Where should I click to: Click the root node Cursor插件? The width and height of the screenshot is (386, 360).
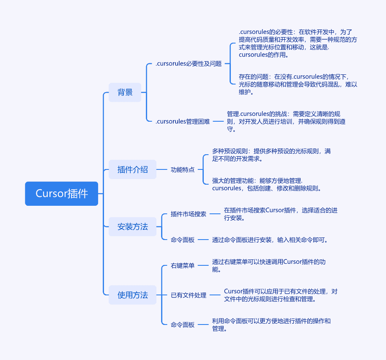click(62, 194)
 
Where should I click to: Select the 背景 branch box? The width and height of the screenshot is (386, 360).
click(125, 92)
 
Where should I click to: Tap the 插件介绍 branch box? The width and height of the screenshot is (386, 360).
click(132, 169)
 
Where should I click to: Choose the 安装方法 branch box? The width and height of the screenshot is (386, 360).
click(132, 226)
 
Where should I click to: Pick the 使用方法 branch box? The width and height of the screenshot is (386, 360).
click(132, 295)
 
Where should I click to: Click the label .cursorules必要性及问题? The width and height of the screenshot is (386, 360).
click(189, 64)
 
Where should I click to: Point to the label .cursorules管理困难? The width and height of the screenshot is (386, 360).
click(183, 121)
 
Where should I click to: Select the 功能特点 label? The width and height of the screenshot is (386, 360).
click(183, 169)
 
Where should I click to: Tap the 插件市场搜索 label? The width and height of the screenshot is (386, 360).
click(189, 214)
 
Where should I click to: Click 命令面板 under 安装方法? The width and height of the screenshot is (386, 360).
click(183, 240)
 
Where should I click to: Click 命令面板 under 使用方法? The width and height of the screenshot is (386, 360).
click(183, 325)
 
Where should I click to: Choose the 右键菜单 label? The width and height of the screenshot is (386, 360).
click(183, 265)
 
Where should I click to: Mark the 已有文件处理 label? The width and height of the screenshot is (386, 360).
click(189, 295)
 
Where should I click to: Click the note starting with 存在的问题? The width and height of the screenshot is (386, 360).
click(298, 85)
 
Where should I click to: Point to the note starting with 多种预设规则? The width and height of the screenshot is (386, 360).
click(271, 155)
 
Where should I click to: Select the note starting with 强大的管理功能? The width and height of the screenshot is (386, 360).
click(267, 185)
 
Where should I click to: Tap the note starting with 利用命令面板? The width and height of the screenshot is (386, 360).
click(271, 325)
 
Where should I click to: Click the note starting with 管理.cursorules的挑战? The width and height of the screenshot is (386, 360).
click(286, 121)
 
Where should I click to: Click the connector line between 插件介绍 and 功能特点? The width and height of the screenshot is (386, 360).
click(162, 169)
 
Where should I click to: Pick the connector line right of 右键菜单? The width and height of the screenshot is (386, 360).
click(203, 265)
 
